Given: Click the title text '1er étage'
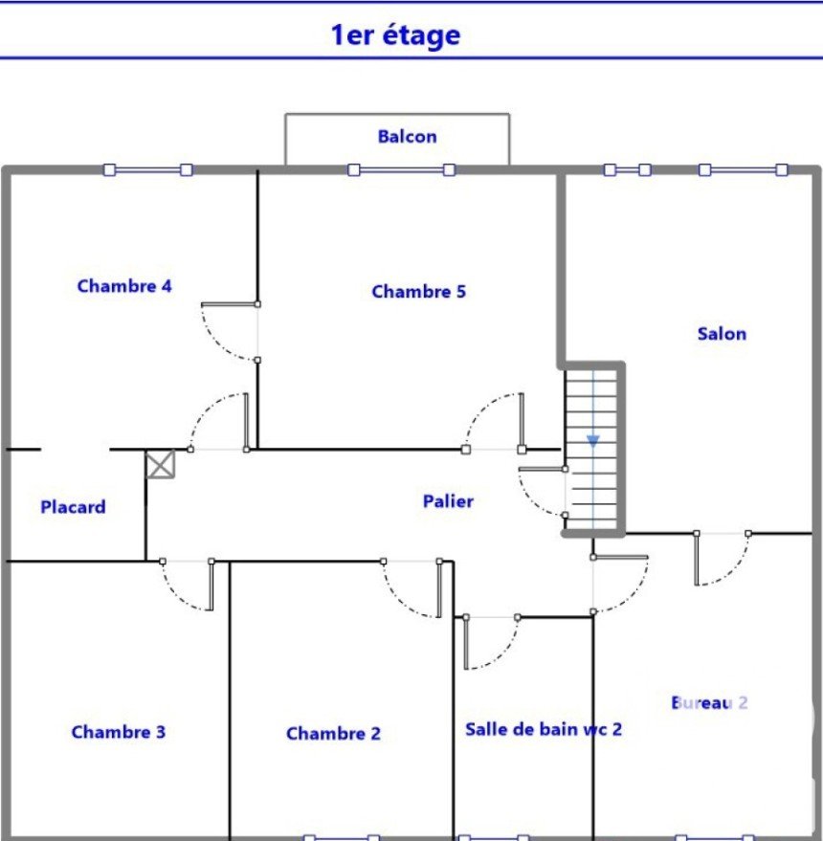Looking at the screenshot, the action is (395, 35).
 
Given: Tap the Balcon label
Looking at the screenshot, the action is (408, 137).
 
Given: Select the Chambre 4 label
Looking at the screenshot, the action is (124, 286).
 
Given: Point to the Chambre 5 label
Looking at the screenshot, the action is (418, 291).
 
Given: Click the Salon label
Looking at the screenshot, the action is (722, 334).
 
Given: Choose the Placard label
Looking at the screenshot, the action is (73, 507).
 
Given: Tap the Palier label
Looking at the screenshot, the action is (448, 501).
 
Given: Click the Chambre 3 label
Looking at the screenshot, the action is (119, 732).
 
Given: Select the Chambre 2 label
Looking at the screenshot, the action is (333, 733).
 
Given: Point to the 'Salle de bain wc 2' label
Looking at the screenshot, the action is (544, 729).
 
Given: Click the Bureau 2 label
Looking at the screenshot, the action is (709, 702).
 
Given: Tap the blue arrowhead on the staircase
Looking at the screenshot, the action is (592, 441).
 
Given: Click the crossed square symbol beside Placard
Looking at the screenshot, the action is (161, 464).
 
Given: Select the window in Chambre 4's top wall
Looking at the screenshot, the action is (147, 170).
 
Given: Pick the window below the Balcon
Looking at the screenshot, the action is (401, 170).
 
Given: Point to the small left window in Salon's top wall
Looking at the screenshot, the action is (627, 170).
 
